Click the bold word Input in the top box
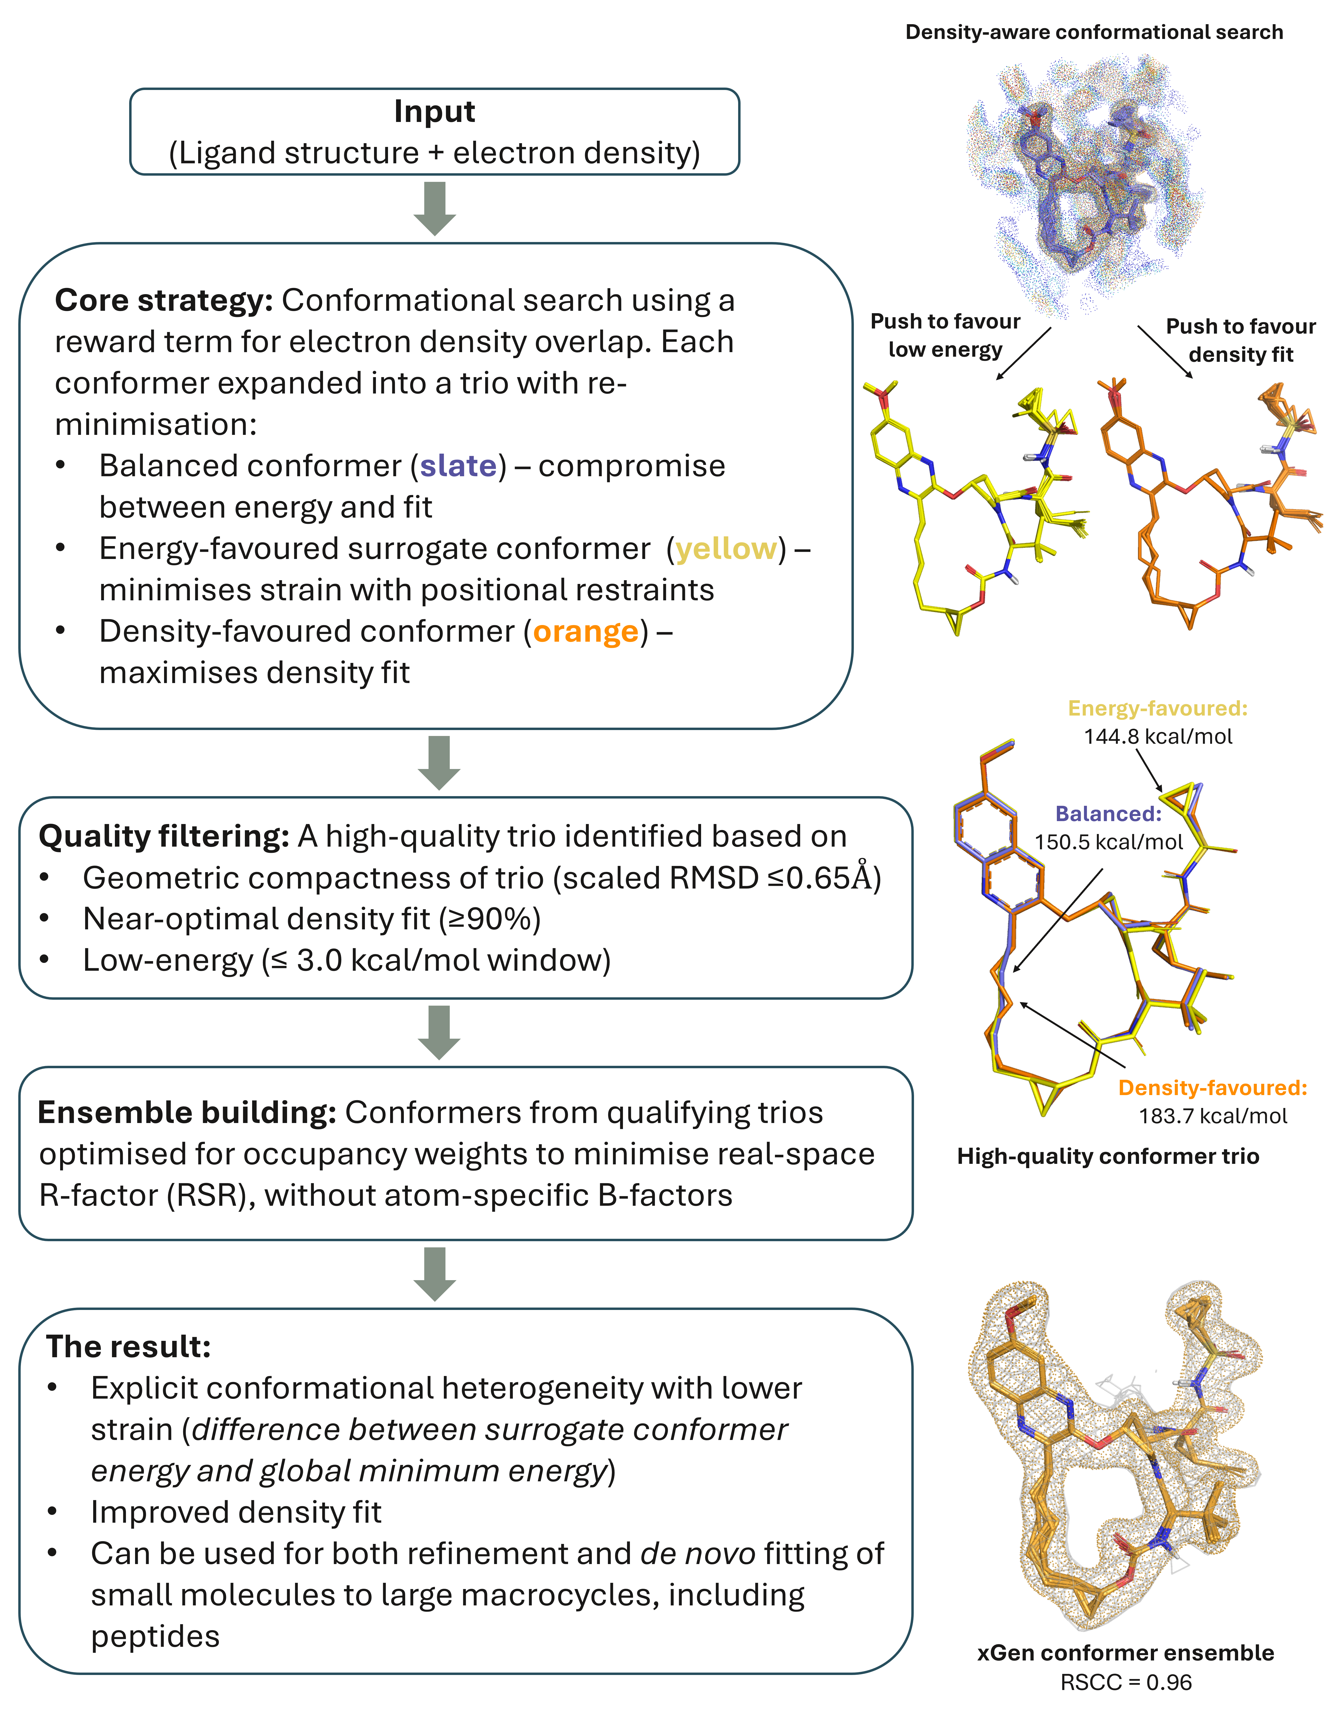click(434, 112)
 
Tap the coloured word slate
click(458, 466)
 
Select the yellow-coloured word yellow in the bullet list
click(726, 548)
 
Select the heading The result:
click(128, 1346)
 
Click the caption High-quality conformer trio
click(1108, 1156)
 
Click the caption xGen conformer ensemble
click(1125, 1652)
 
